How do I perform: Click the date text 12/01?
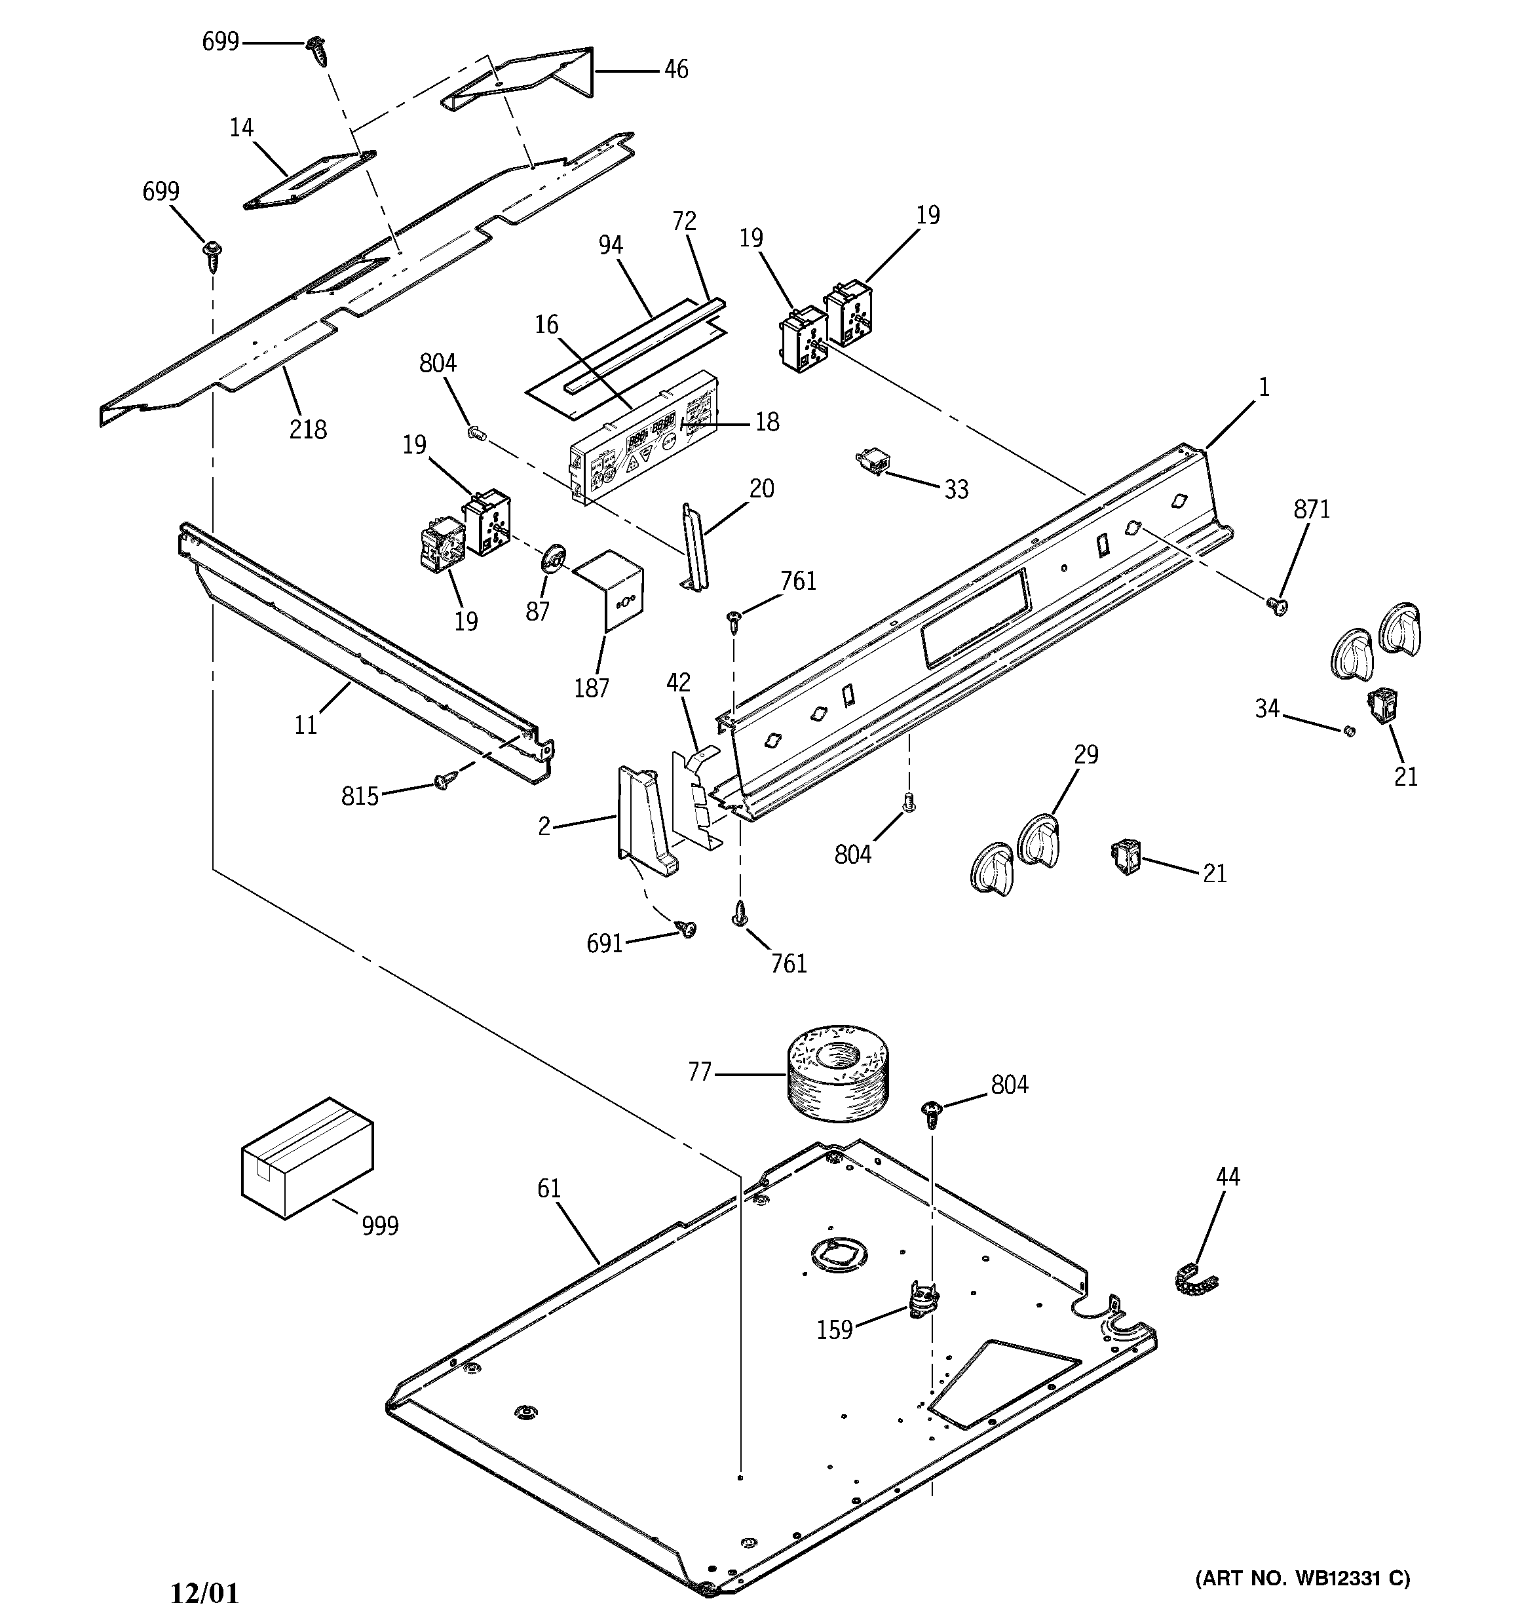(205, 1593)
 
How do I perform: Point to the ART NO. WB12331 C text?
(1302, 1579)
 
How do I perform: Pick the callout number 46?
(675, 69)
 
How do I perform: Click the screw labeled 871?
(1278, 606)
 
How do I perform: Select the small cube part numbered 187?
(610, 589)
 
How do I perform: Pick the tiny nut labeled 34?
(1348, 730)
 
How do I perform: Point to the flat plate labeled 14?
(310, 180)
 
